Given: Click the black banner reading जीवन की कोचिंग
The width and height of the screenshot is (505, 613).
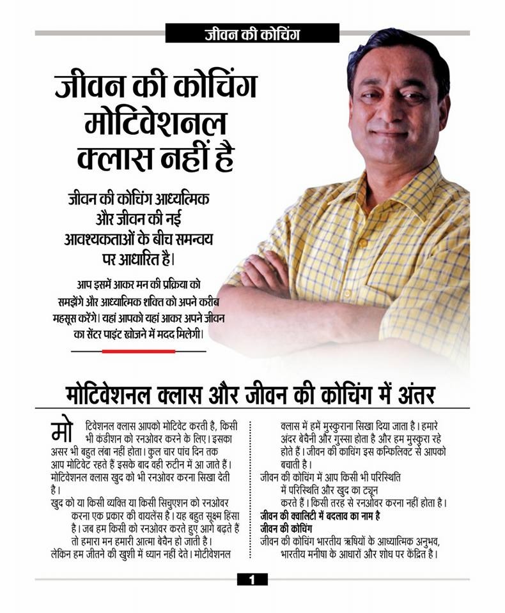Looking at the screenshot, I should tap(252, 33).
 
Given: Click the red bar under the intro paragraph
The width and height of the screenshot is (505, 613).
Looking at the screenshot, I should tap(138, 351).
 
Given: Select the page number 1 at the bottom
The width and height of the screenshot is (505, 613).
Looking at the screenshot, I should tap(252, 579).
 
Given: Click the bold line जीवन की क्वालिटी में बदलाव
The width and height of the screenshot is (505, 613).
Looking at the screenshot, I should tap(320, 515).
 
